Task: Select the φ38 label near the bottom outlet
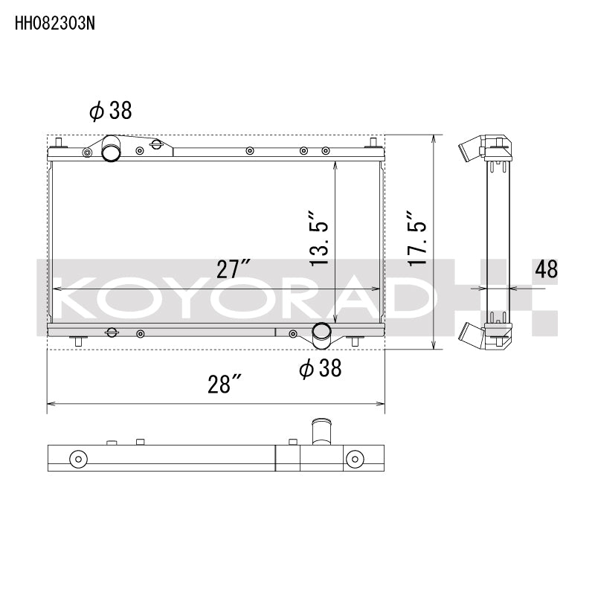click(x=320, y=367)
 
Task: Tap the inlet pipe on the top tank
click(x=112, y=149)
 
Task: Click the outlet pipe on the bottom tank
click(x=322, y=335)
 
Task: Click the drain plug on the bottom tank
click(x=111, y=332)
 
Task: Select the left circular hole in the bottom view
click(x=76, y=458)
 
